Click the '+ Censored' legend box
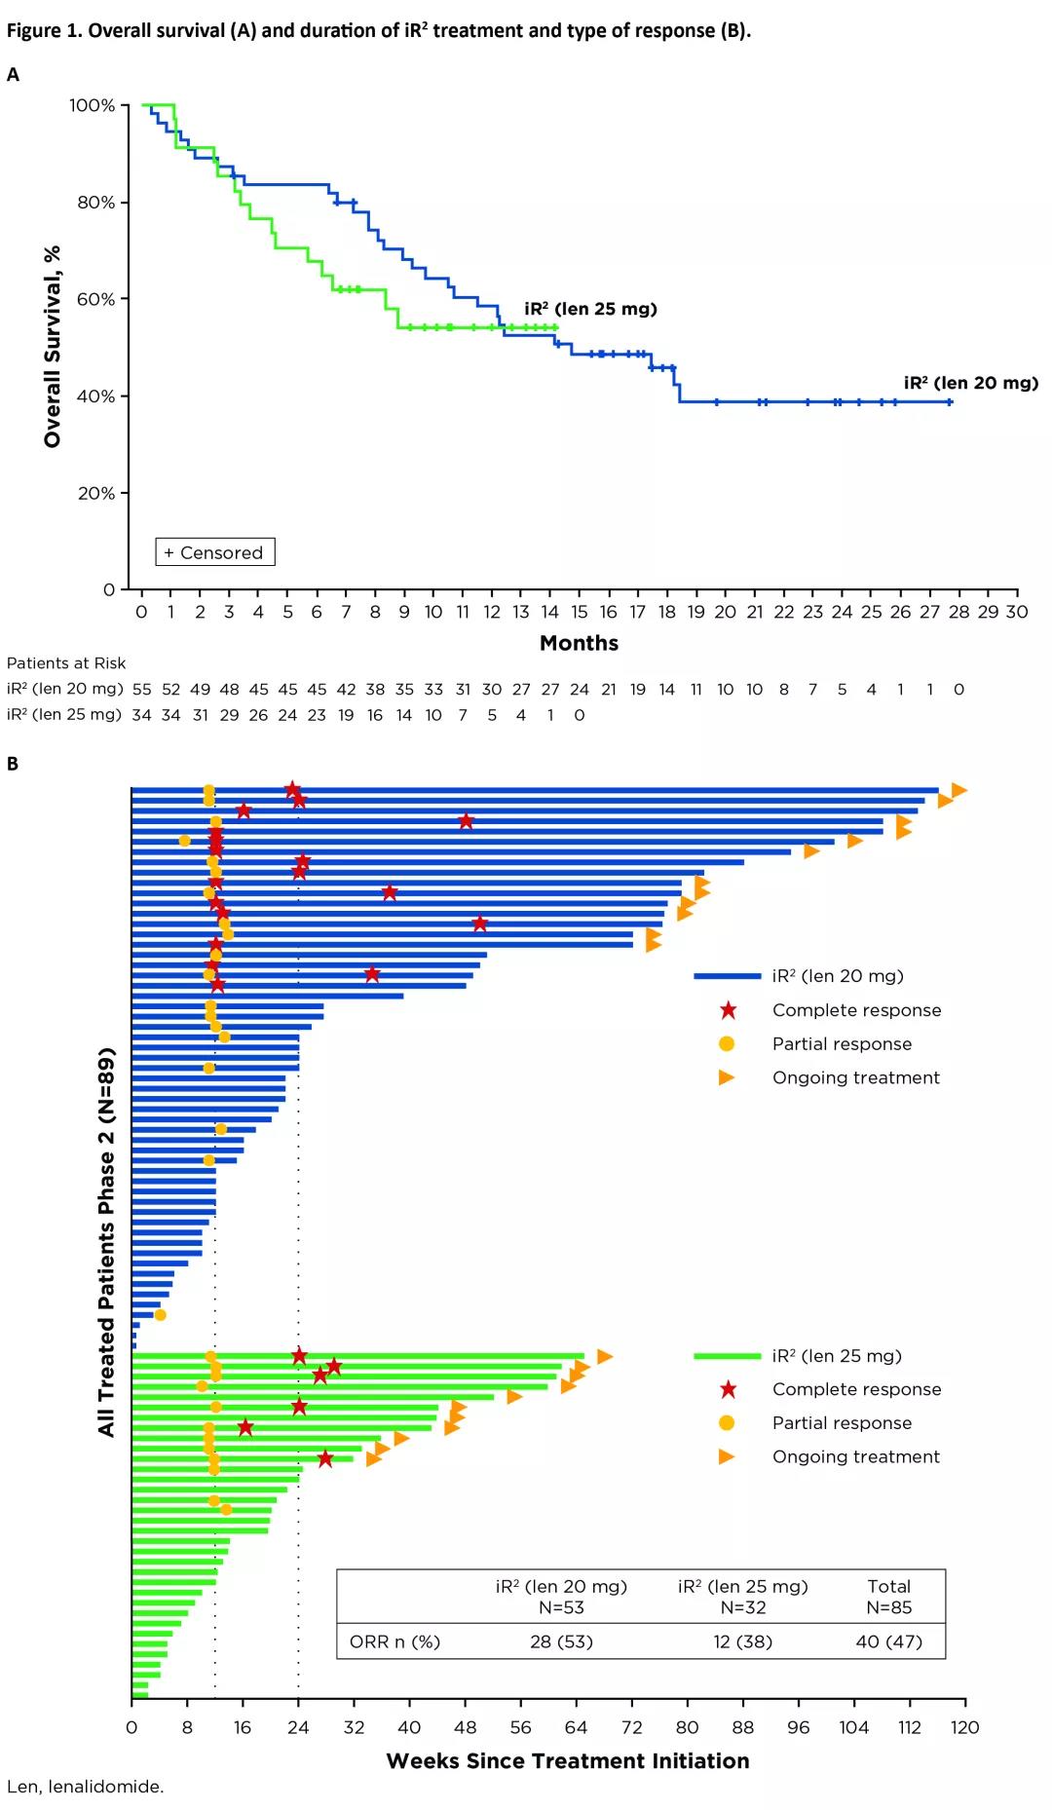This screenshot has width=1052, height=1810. coord(215,552)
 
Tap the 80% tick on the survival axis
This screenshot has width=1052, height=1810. coord(96,203)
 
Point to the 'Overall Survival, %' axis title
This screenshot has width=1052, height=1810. coord(53,347)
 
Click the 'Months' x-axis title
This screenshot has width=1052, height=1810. coord(579,643)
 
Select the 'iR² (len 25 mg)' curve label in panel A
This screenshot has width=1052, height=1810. coord(590,309)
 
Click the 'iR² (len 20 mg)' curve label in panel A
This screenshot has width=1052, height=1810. coord(970,383)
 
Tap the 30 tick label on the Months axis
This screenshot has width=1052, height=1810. coord(1016,612)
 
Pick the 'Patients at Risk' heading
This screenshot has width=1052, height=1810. coord(66,663)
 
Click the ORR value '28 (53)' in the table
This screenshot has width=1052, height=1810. coord(561,1641)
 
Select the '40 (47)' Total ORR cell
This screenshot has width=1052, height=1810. coord(888,1641)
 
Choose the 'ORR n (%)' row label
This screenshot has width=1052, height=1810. coord(394,1641)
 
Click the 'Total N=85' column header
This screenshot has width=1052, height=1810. coord(888,1597)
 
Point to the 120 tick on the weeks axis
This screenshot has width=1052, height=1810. coord(964,1727)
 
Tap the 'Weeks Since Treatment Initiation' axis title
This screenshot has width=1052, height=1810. coord(568,1761)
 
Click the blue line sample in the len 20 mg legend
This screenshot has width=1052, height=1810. coord(727,976)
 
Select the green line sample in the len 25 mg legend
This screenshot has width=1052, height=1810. coord(727,1356)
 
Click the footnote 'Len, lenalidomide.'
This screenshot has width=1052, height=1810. coord(86,1787)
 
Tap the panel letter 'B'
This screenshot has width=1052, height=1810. coord(13,764)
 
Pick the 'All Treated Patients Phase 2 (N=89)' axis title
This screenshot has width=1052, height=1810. coord(106,1241)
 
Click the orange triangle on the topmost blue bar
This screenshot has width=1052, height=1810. coord(958,790)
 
